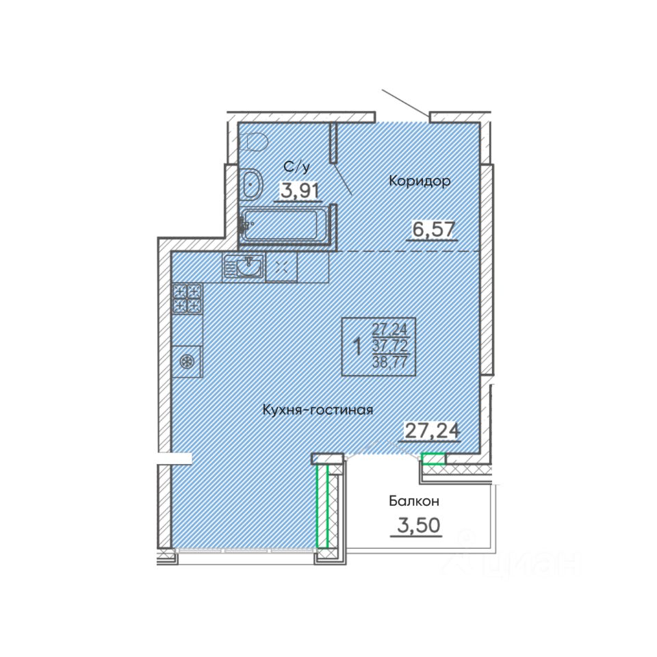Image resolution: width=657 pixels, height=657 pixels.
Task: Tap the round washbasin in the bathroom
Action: point(252,184)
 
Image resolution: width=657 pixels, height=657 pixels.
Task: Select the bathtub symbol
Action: point(281,225)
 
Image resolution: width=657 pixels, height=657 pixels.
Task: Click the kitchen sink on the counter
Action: point(244,268)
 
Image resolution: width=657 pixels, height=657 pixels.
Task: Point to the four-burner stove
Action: point(188,298)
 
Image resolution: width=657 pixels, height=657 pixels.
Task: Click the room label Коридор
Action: point(420,181)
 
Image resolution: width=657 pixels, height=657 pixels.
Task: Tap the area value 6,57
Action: point(434,229)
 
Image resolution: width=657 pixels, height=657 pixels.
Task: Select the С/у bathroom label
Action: point(296,167)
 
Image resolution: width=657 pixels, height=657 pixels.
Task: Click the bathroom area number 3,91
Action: point(300,191)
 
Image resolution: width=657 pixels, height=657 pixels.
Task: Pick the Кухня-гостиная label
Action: point(318,410)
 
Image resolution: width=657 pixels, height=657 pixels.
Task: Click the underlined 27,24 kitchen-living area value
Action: point(432,430)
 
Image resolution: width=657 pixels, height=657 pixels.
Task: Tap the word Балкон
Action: point(414,501)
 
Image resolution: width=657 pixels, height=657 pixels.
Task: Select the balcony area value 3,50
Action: point(419,525)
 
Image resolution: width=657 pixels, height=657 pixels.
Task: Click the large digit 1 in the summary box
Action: point(357,347)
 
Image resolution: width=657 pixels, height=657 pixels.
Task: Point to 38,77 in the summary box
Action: point(389,361)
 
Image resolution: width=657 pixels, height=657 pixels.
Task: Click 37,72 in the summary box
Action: point(389,346)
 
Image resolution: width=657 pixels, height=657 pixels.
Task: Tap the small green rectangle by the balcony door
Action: point(433,459)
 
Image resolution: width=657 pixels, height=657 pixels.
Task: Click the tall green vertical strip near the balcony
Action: point(322,506)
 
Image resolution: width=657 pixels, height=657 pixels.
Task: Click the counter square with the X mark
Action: point(281,268)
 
